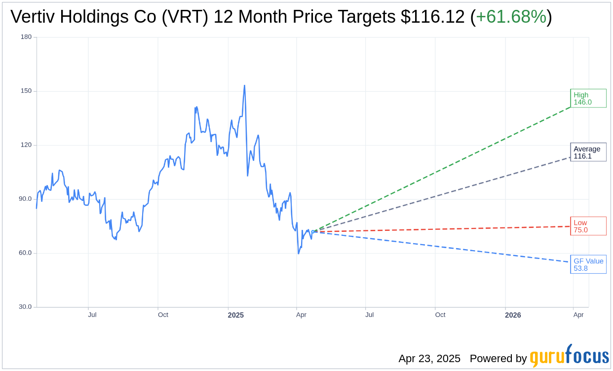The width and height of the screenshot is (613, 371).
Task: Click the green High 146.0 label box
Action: (x=588, y=98)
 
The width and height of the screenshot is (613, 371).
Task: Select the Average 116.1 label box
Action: (x=588, y=152)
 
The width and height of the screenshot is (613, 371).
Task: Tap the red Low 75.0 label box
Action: (x=588, y=226)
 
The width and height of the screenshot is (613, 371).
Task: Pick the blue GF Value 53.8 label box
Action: (x=588, y=264)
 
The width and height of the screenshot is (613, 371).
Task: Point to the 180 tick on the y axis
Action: (x=26, y=37)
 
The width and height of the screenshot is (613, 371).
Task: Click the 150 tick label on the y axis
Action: (x=26, y=91)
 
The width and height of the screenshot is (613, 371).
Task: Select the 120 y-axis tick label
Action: (x=26, y=145)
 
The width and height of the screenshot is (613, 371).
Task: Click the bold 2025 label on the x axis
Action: (x=235, y=315)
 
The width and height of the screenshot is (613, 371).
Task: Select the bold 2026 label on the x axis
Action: (x=513, y=315)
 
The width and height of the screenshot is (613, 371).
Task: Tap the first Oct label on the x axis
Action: (x=163, y=315)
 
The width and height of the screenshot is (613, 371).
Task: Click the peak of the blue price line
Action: (x=244, y=86)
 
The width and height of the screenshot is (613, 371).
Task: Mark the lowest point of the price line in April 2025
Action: (x=299, y=253)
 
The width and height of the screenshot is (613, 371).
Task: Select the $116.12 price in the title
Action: (x=432, y=17)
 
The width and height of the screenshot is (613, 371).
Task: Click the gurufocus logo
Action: (x=569, y=356)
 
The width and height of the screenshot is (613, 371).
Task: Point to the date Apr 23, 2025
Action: (x=429, y=359)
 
